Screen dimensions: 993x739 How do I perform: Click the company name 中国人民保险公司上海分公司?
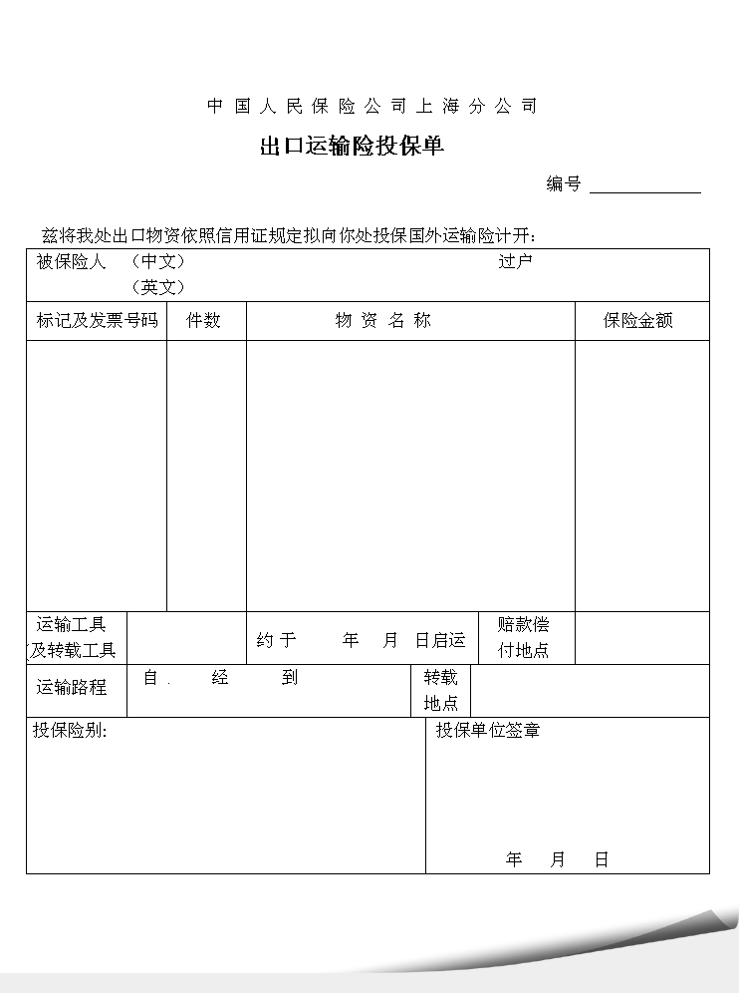tap(372, 107)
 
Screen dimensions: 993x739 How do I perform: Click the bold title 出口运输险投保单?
tap(352, 147)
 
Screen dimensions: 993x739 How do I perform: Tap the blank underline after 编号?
tap(645, 186)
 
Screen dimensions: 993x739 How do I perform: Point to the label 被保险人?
tap(71, 262)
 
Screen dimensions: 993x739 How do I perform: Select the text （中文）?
tap(158, 262)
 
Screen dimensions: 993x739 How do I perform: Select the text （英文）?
tap(158, 287)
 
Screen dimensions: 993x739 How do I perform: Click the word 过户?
tap(516, 262)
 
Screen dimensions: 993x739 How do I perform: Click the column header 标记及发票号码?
tap(97, 321)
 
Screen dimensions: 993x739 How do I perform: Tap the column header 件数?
tap(204, 321)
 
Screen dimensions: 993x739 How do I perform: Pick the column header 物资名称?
tap(383, 321)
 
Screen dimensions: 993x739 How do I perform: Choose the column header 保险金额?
tap(638, 321)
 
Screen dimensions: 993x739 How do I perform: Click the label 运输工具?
tap(72, 625)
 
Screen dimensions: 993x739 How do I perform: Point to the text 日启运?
tap(440, 640)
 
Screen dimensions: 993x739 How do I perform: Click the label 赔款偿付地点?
tap(524, 638)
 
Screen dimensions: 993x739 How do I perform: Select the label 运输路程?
tap(72, 687)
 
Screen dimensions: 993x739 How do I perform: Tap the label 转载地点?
tap(441, 690)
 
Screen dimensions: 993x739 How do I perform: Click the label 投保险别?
tap(70, 731)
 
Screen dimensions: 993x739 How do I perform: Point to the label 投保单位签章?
tap(488, 731)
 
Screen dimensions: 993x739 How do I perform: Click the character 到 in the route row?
tap(289, 678)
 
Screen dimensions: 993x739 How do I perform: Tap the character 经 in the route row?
tap(220, 678)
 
